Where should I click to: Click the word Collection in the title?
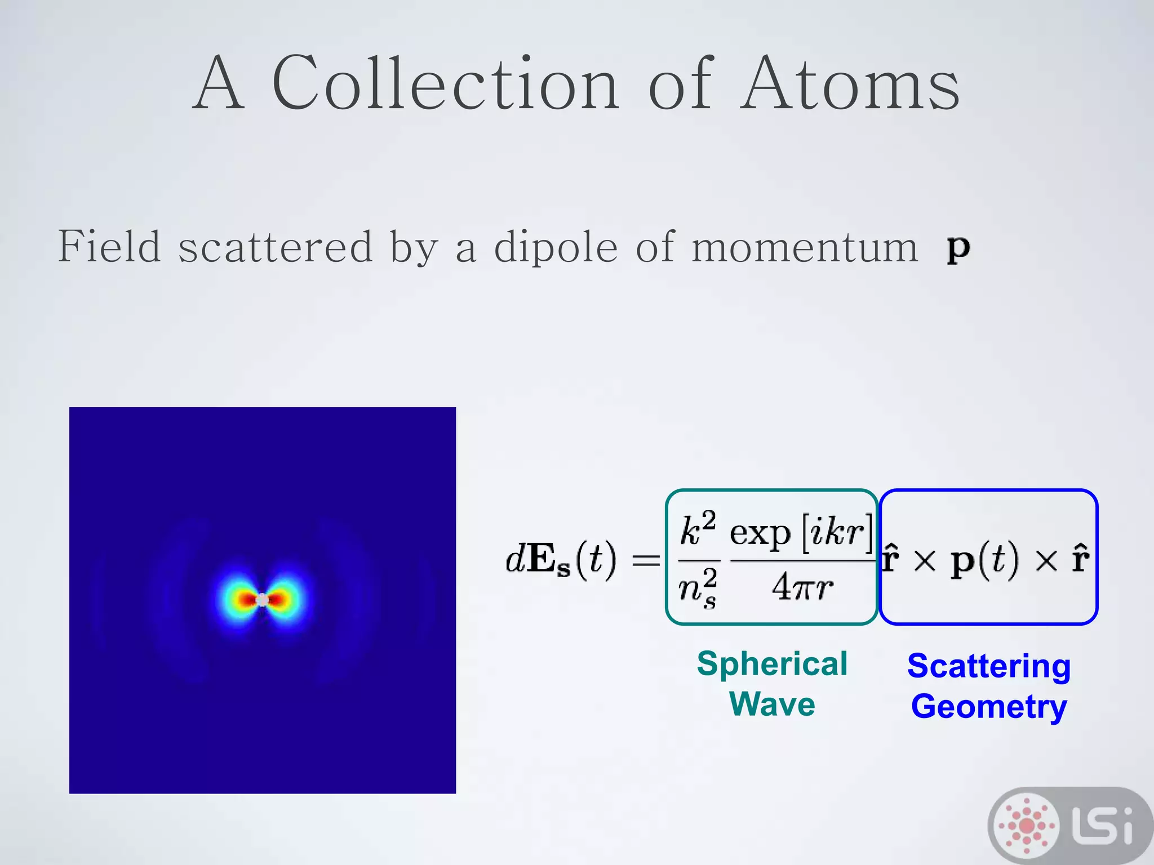tap(445, 84)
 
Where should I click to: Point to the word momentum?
tap(805, 247)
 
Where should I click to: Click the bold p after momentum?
tap(958, 248)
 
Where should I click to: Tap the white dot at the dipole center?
tap(263, 600)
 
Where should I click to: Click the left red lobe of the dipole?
tap(247, 599)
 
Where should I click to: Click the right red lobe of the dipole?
tap(279, 600)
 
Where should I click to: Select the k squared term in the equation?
tap(698, 529)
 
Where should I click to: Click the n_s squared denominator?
tap(698, 588)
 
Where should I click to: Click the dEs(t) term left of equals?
tap(561, 560)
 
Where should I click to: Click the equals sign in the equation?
tap(646, 561)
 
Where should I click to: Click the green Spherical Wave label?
tap(772, 684)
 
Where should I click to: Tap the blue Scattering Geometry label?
tap(989, 686)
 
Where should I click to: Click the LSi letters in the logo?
tap(1102, 826)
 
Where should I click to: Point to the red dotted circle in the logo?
tap(1027, 826)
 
